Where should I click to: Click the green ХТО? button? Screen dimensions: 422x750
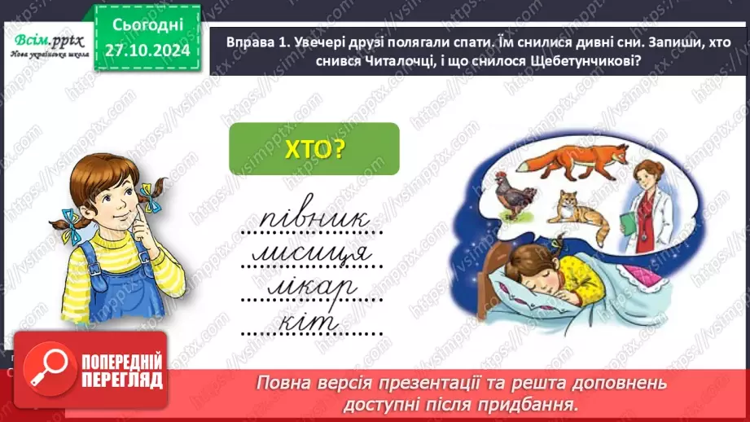[314, 148]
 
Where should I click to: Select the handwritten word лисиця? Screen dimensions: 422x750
[313, 253]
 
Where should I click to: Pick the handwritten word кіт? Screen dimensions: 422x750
[312, 321]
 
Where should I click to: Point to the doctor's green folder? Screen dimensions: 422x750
[629, 226]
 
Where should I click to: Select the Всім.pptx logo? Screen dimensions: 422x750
[47, 42]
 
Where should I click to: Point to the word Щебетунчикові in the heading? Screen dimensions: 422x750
[583, 68]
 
